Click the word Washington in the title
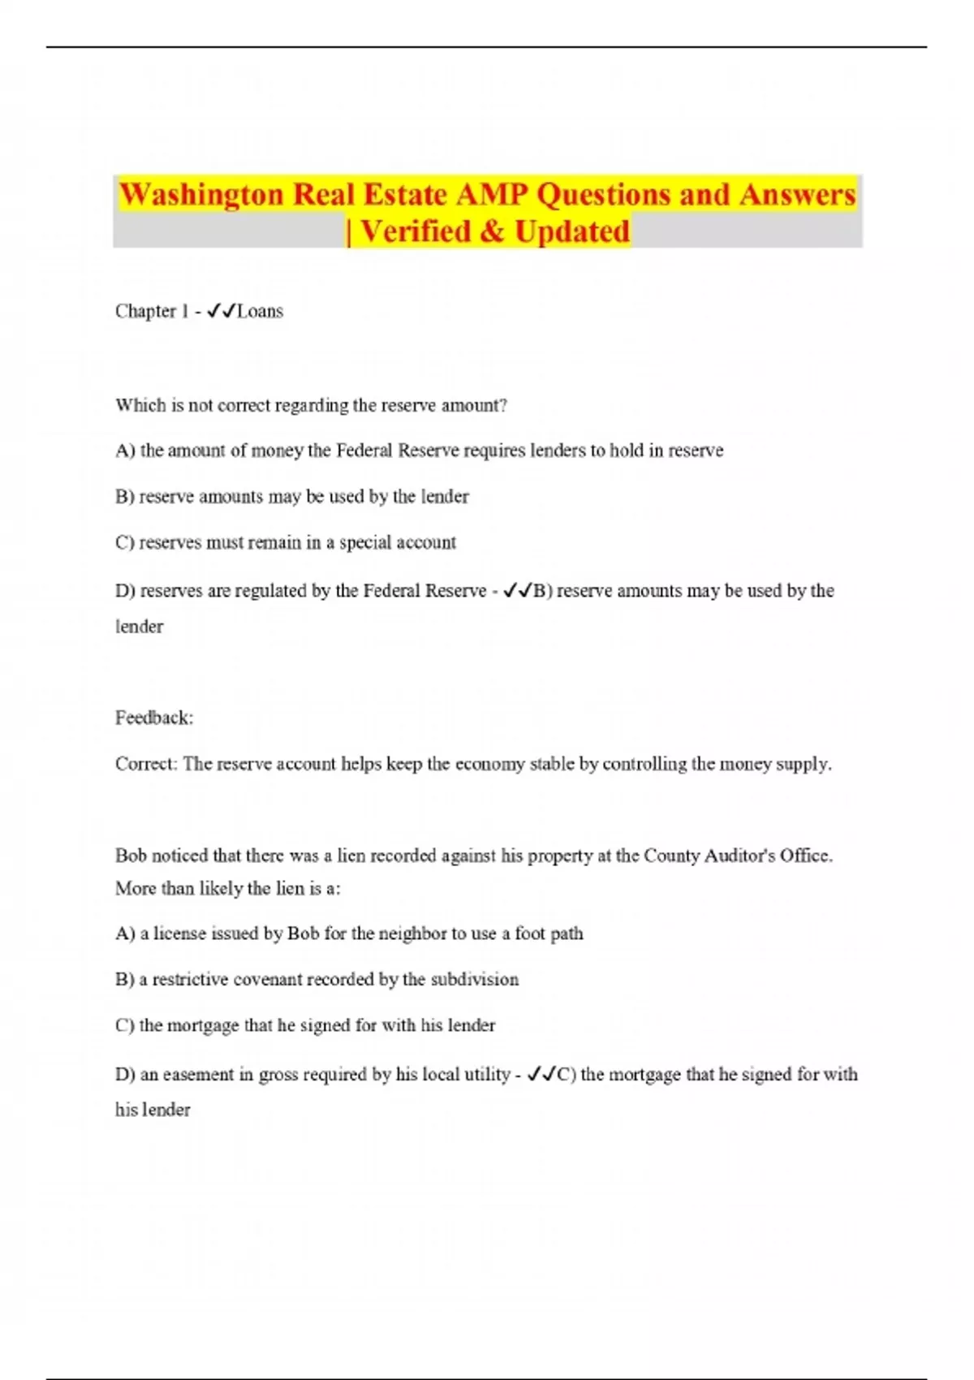pyautogui.click(x=201, y=195)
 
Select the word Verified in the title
pyautogui.click(x=415, y=231)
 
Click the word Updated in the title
pyautogui.click(x=572, y=231)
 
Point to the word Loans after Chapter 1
pyautogui.click(x=260, y=311)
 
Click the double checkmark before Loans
pyautogui.click(x=222, y=311)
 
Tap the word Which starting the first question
pyautogui.click(x=140, y=405)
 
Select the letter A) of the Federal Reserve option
pyautogui.click(x=125, y=451)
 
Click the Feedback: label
pyautogui.click(x=154, y=718)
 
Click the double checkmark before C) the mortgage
pyautogui.click(x=541, y=1075)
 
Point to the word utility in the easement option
pyautogui.click(x=486, y=1075)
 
